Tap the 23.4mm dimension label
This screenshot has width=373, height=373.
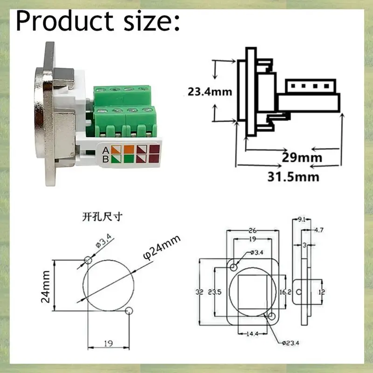210,91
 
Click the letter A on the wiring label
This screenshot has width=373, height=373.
106,150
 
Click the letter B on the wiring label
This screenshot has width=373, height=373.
106,160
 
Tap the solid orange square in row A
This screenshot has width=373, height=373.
129,150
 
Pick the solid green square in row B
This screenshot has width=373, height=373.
129,160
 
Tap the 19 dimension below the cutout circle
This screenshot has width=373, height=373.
108,344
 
